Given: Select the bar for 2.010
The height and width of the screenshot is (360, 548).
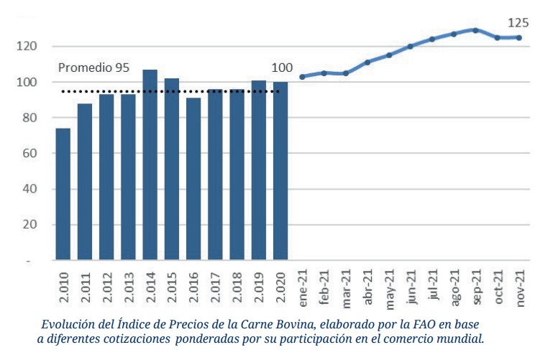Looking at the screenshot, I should [x=63, y=194].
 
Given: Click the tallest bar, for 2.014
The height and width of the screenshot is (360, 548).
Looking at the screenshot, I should [x=150, y=165].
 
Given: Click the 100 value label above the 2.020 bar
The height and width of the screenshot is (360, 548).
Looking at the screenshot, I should [x=282, y=68].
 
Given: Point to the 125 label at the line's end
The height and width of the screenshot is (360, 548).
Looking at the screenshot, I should [x=519, y=22].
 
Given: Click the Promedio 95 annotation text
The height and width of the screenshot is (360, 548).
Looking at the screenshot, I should [x=93, y=68].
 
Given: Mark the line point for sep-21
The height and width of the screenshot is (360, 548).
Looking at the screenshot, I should [x=475, y=30].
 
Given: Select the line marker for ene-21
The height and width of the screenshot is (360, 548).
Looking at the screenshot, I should [x=302, y=76].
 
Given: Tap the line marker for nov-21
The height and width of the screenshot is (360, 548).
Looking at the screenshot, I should [x=519, y=37].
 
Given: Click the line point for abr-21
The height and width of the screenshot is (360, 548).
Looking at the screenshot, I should [x=367, y=63].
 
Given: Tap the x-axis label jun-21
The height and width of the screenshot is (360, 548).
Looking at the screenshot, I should [x=411, y=286].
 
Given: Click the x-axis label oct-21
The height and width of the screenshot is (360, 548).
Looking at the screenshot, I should [x=498, y=286].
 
